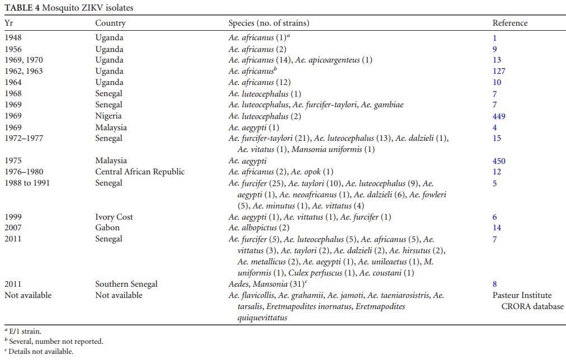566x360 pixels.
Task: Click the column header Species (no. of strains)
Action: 268,23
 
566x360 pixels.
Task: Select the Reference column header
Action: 510,23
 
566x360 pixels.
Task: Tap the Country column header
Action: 110,23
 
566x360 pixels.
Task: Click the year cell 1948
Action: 13,38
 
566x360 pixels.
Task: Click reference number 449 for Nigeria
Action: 498,116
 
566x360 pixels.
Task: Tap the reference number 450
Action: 498,161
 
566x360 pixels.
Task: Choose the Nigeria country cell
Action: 108,116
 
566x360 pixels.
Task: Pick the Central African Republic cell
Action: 139,172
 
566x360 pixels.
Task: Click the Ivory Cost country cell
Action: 114,217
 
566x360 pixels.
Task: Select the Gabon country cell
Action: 107,228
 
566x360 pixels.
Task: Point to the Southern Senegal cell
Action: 126,284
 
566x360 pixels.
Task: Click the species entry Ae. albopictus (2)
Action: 258,228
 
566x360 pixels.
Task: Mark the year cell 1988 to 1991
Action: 27,183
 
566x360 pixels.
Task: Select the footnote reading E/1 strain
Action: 25,331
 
